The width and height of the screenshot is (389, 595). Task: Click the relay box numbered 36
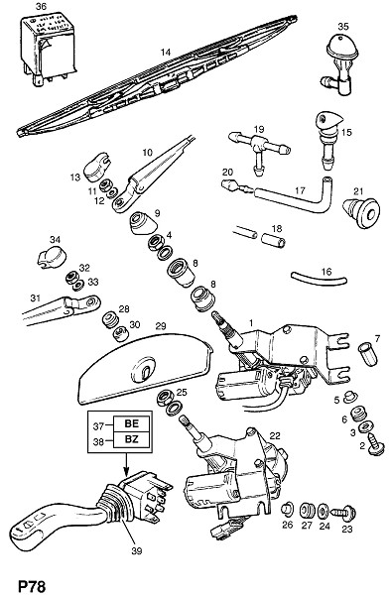(49, 48)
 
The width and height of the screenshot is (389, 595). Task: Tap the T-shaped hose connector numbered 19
(259, 149)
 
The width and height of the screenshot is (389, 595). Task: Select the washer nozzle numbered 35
(339, 64)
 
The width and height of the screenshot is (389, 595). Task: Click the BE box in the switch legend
(132, 423)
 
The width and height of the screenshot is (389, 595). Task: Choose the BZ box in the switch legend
(132, 439)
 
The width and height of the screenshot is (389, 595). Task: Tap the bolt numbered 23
(345, 512)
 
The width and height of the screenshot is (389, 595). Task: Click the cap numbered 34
(52, 257)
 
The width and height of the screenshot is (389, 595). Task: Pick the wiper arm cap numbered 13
(95, 171)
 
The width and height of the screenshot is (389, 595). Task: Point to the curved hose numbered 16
(320, 278)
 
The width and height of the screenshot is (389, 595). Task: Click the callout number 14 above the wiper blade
(166, 53)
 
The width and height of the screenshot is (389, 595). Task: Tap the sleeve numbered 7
(368, 353)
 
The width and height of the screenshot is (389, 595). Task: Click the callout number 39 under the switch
(136, 550)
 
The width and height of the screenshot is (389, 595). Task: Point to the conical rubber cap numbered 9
(143, 224)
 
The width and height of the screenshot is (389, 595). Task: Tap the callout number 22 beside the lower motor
(275, 435)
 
